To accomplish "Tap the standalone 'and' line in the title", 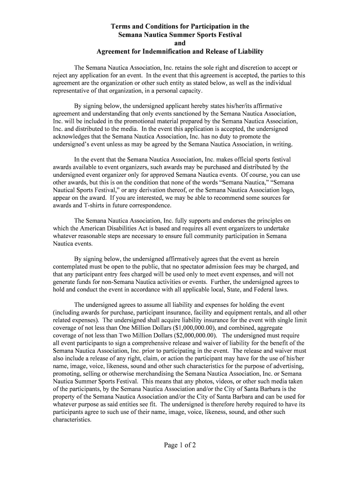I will pyautogui.click(x=180, y=43).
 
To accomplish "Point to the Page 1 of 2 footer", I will pyautogui.click(x=180, y=445).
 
